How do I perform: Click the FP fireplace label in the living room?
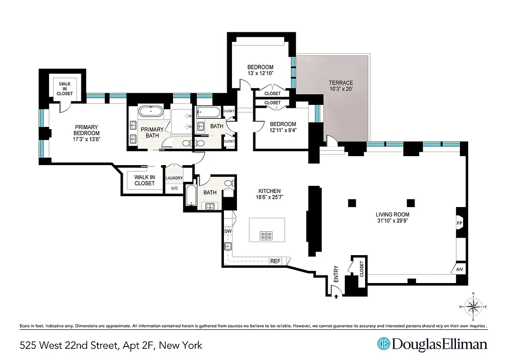(460, 222)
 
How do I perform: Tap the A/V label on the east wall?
(459, 269)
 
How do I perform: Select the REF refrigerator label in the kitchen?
(275, 261)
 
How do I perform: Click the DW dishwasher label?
(228, 231)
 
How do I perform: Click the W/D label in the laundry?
(174, 188)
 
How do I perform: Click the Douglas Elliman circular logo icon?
(383, 344)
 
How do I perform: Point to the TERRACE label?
(340, 83)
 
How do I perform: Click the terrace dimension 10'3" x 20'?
(340, 90)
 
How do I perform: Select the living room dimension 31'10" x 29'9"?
(394, 221)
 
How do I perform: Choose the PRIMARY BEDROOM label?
(87, 130)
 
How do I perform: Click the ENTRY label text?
(335, 274)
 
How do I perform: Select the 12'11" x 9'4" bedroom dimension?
(282, 131)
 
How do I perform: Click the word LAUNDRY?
(174, 178)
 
